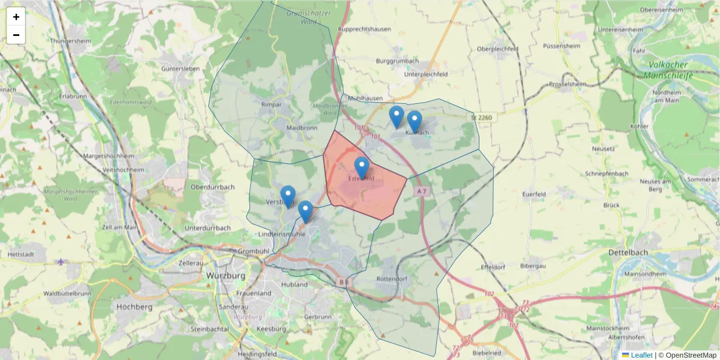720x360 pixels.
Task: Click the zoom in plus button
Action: (16, 17)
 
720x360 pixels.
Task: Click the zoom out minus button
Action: (16, 35)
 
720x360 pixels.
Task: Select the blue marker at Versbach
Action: (288, 196)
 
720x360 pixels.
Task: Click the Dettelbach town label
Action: (628, 253)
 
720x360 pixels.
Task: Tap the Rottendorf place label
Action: (392, 279)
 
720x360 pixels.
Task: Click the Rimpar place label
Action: (271, 104)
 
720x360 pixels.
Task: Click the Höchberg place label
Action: (135, 307)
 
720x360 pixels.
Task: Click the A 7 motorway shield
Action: (423, 191)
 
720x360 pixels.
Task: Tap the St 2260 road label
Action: (481, 118)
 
